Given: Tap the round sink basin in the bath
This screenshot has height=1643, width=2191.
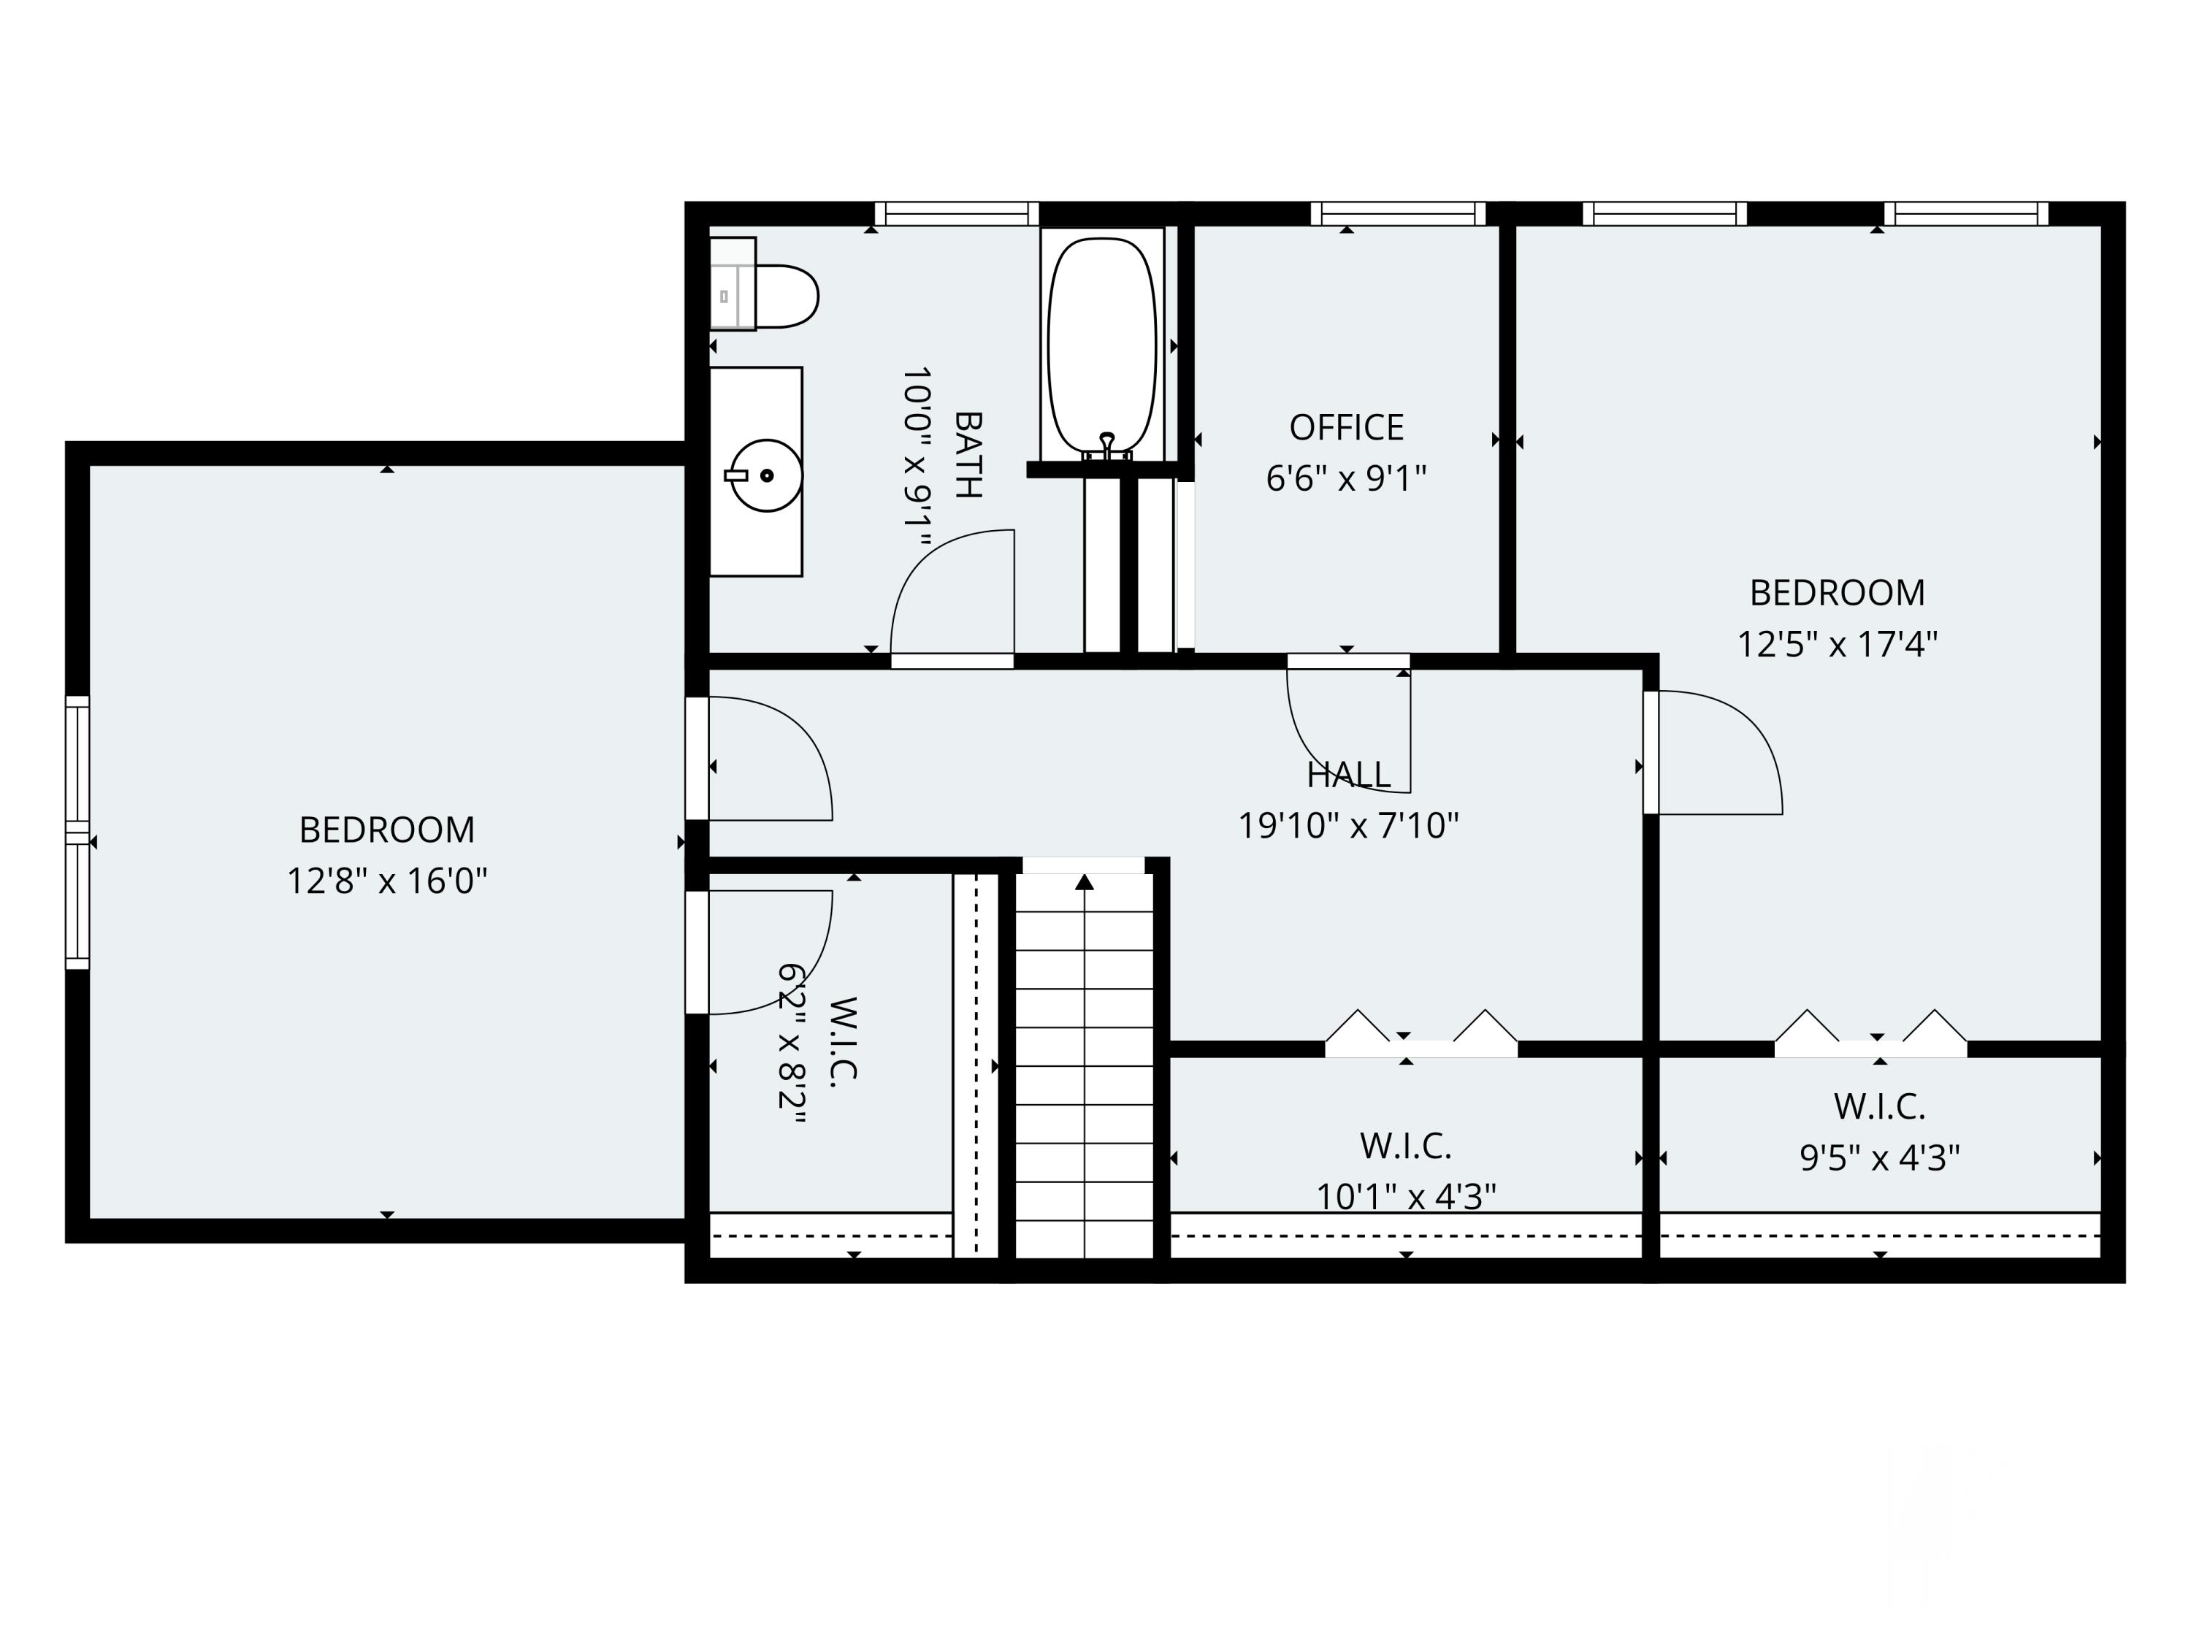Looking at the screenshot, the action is pyautogui.click(x=765, y=475).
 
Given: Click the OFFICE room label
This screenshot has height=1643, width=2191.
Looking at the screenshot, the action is pyautogui.click(x=1346, y=428).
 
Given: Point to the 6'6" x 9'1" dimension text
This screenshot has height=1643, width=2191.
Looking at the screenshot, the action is pyautogui.click(x=1346, y=478).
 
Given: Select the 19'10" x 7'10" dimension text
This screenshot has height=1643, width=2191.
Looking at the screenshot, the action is pyautogui.click(x=1348, y=825).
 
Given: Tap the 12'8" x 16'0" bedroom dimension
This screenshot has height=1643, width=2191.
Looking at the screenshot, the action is pyautogui.click(x=387, y=881).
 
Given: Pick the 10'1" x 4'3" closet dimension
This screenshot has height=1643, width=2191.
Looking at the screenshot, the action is pyautogui.click(x=1406, y=1196).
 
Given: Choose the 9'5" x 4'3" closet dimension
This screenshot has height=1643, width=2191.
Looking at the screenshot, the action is pyautogui.click(x=1880, y=1157).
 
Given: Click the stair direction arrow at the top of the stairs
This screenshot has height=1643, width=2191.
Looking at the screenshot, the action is pyautogui.click(x=1085, y=881).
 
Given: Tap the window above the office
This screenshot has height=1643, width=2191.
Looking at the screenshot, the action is pyautogui.click(x=1398, y=214).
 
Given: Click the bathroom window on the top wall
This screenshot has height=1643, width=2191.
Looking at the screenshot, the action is pyautogui.click(x=956, y=214).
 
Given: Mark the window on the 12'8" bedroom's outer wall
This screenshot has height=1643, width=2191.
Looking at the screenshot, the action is pyautogui.click(x=77, y=832).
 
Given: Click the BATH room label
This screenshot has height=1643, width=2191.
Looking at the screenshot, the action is pyautogui.click(x=968, y=455).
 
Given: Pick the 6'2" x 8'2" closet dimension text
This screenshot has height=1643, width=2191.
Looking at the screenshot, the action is pyautogui.click(x=792, y=1043).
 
